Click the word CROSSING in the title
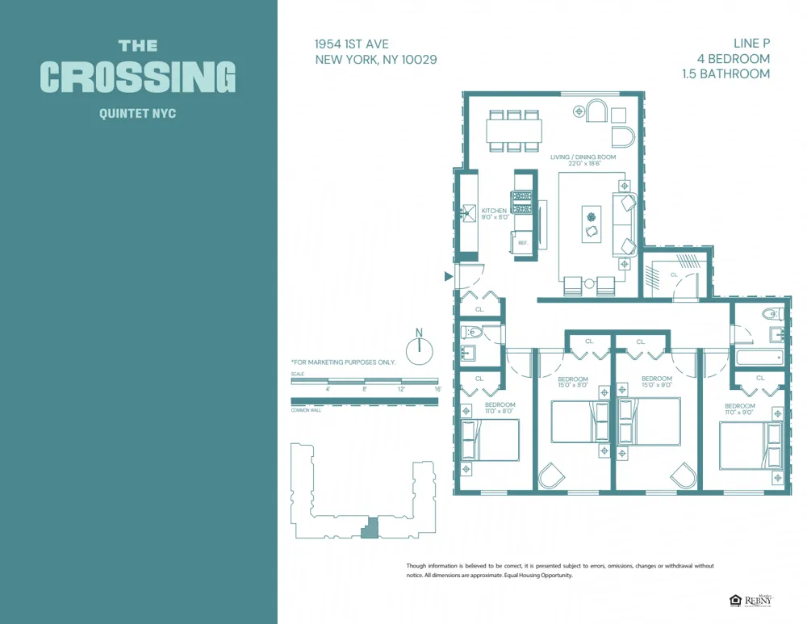click(137, 77)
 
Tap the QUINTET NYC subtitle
click(137, 114)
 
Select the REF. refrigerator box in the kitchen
click(523, 242)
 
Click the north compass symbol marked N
click(419, 348)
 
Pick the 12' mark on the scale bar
click(401, 389)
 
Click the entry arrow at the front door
click(449, 277)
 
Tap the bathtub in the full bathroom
click(759, 356)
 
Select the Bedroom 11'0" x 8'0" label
click(500, 408)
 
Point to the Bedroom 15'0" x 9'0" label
click(656, 382)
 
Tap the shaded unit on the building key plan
click(369, 528)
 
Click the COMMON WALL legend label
click(306, 410)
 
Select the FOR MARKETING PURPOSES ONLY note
click(344, 362)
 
